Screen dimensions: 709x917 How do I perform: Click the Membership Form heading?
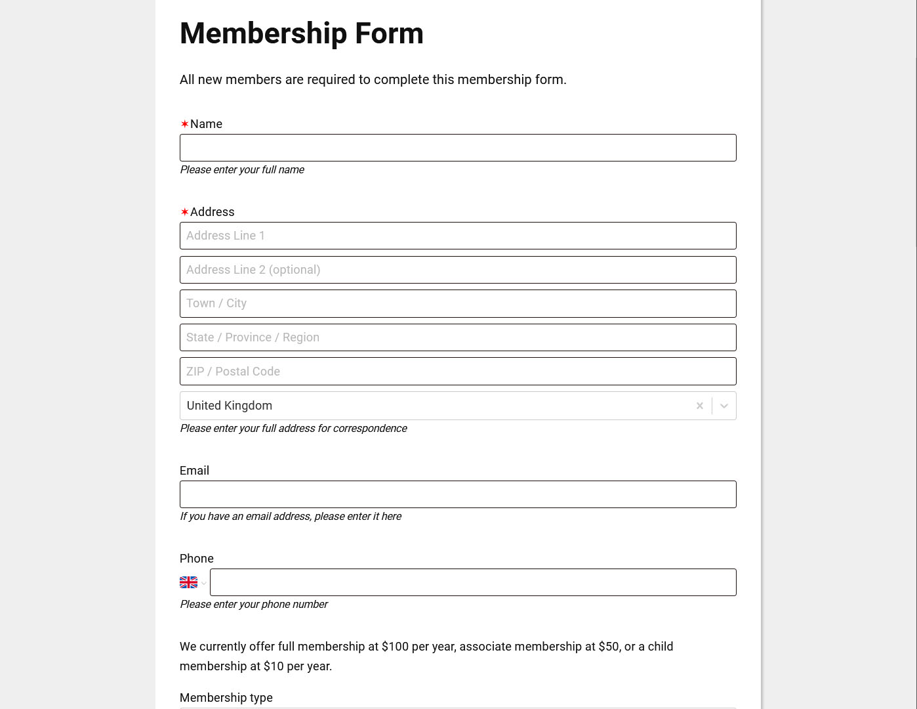301,33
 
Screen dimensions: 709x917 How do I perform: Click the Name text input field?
458,148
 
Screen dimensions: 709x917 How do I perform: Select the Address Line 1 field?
458,236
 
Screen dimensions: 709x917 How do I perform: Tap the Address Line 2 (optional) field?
458,270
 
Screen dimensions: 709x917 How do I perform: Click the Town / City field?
458,304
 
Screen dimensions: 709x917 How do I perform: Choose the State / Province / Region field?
458,337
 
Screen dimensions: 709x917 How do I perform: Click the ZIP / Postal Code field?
458,372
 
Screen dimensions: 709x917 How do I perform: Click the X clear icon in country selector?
700,406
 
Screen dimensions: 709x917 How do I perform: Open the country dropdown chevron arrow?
724,406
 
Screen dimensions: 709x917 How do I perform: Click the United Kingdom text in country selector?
230,406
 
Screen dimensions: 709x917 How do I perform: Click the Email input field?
458,494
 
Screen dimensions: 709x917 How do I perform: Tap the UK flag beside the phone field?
188,582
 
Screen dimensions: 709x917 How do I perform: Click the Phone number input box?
472,582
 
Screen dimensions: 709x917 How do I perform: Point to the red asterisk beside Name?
184,124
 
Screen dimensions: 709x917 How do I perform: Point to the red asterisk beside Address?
184,212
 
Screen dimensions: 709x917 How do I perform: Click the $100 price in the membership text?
395,647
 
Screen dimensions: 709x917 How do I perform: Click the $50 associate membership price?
609,647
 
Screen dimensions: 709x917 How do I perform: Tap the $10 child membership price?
274,666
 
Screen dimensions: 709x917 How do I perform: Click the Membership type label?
226,698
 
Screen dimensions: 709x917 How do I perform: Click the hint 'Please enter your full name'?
242,169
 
